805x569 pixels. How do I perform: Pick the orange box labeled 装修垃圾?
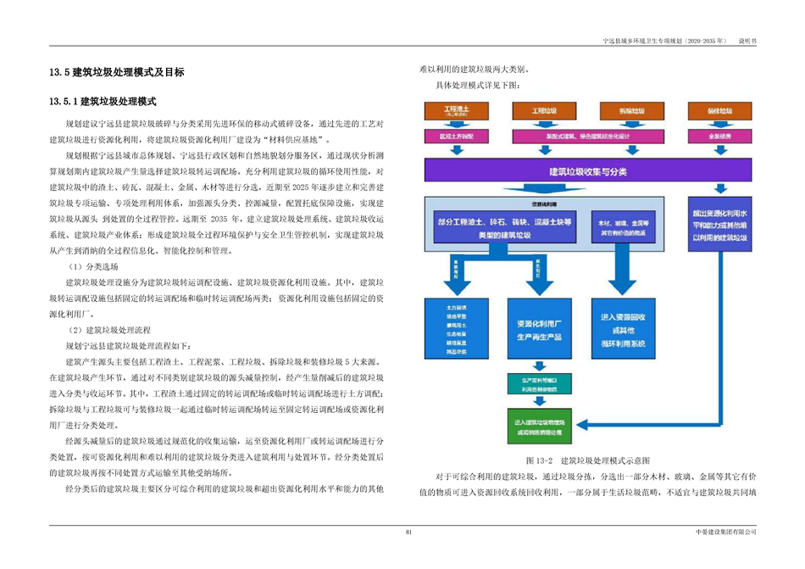pyautogui.click(x=719, y=111)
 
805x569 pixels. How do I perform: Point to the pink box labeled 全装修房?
pyautogui.click(x=719, y=135)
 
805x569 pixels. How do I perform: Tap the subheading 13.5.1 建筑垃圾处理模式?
pyautogui.click(x=103, y=102)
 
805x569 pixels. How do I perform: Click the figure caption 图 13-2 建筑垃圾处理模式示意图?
pyautogui.click(x=587, y=460)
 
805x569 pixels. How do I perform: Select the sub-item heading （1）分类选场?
pyautogui.click(x=93, y=265)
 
